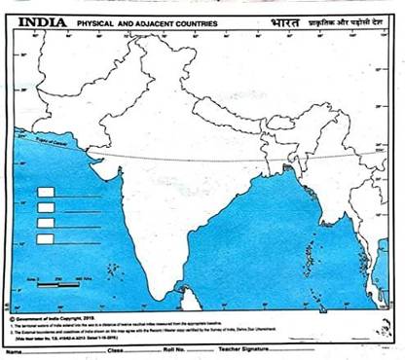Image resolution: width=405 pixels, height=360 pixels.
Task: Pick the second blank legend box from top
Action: pos(45,207)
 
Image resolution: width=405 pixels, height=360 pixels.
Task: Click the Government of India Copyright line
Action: pos(68,316)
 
